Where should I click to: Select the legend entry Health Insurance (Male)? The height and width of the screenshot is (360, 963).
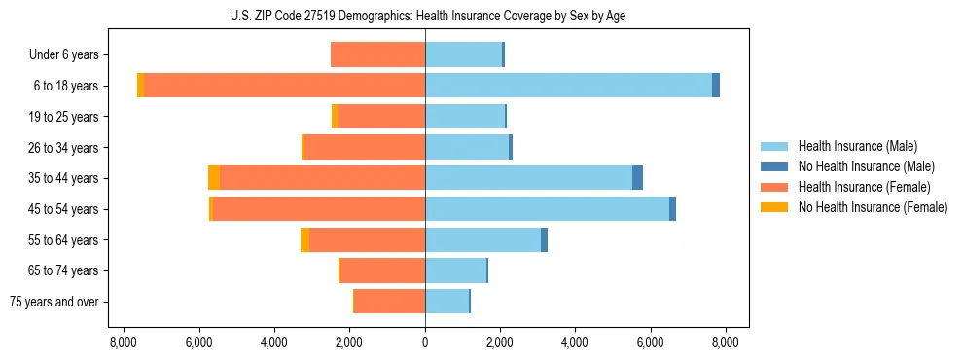[x=857, y=146]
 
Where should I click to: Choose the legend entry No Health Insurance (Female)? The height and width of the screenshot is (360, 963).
[x=873, y=207]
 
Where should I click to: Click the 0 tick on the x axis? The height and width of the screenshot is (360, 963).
[x=425, y=342]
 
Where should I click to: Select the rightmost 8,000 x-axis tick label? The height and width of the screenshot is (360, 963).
[x=725, y=342]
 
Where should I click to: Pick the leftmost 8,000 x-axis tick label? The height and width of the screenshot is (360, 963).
[x=124, y=342]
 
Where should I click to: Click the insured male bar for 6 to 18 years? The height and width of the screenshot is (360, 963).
[x=568, y=86]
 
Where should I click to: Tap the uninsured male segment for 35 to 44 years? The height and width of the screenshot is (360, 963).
[x=637, y=178]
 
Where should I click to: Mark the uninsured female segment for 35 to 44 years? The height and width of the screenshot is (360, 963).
[x=214, y=178]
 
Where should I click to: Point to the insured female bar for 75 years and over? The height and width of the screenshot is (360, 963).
[x=390, y=302]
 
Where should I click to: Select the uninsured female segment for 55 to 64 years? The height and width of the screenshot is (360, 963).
[x=304, y=239]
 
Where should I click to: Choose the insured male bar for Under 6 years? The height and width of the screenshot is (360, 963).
[x=463, y=54]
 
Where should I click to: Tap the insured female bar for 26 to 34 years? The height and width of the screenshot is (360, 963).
[x=365, y=147]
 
